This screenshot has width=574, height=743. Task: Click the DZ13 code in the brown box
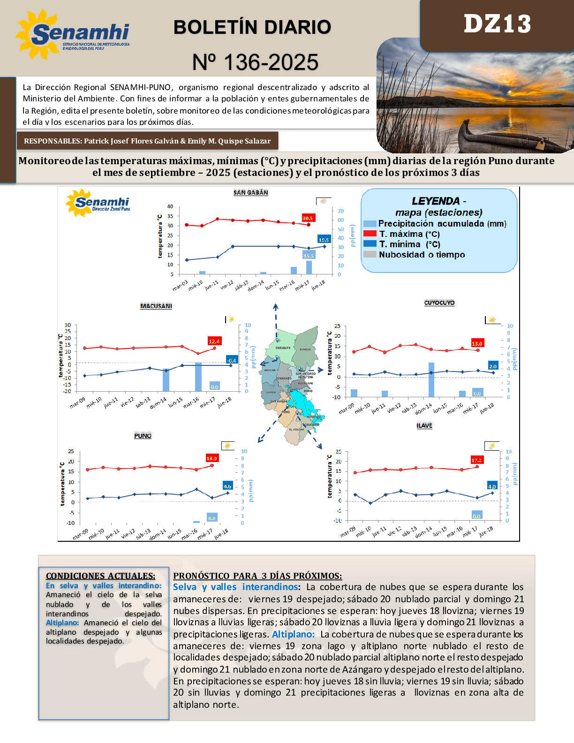(497, 24)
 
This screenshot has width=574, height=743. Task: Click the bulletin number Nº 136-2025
(256, 62)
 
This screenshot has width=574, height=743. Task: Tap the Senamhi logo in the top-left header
(73, 34)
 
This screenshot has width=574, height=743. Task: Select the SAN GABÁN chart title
(251, 193)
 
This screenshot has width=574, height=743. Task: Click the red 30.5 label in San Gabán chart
(308, 218)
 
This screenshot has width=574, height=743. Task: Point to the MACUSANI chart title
(156, 306)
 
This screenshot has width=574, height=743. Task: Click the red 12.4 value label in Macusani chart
(214, 341)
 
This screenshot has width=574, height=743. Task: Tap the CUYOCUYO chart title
(439, 303)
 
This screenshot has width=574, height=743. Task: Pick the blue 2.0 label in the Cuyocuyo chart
(493, 366)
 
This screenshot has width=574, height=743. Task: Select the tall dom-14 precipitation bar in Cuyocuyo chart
(431, 380)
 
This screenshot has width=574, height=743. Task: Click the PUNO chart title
(143, 436)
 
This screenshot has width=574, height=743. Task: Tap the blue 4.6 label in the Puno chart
(227, 486)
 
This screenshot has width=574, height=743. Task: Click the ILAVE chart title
(424, 426)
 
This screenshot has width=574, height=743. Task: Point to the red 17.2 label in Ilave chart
(476, 460)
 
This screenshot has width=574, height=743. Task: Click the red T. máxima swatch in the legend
(370, 234)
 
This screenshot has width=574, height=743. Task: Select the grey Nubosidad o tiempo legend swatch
(370, 254)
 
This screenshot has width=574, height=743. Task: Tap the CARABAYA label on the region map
(283, 348)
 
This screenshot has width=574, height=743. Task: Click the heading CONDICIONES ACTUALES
(100, 576)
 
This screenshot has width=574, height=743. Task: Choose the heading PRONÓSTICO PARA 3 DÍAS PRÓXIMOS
(257, 576)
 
